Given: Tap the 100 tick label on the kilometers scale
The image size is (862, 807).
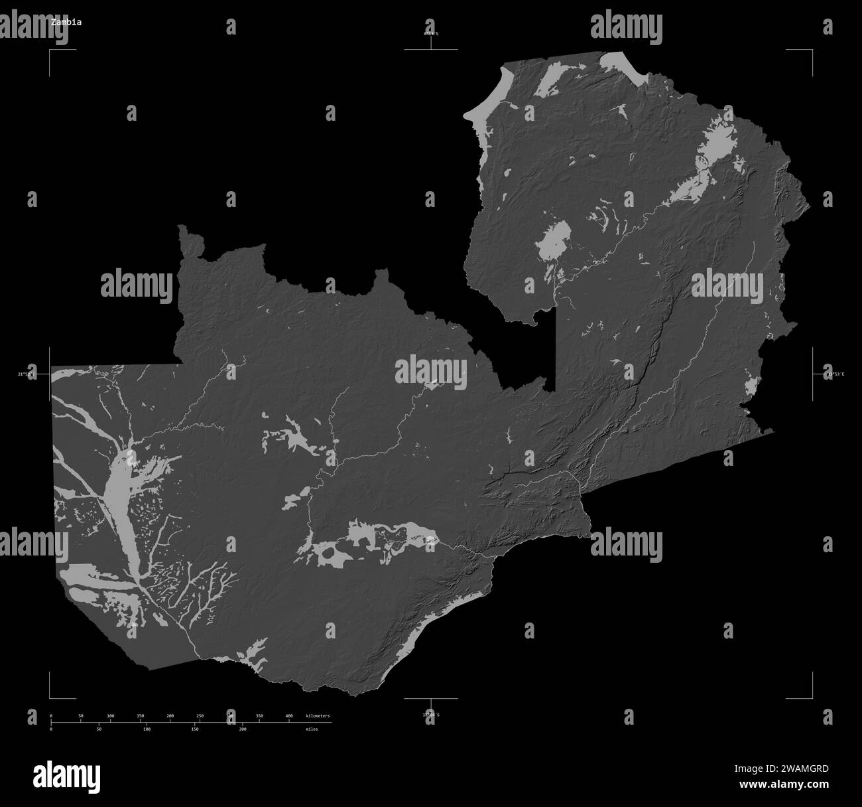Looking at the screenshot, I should tap(110, 716).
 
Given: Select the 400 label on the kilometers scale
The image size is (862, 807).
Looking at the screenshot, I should tap(289, 716).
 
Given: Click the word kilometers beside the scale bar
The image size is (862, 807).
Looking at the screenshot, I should tap(318, 716).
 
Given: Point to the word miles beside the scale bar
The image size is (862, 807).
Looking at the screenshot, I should tap(312, 729).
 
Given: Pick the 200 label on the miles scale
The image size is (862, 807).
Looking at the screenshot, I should tap(243, 729).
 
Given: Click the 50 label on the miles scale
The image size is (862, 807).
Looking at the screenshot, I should tap(99, 729).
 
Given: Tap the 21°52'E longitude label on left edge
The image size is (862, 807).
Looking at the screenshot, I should tap(27, 374).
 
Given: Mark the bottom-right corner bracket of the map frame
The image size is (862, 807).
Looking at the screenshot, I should tap(811, 697).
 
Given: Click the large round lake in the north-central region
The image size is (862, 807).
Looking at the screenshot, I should tap(554, 244).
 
